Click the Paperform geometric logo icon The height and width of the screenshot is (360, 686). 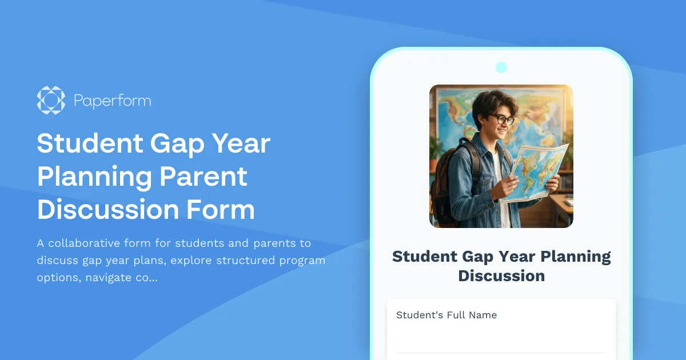51,101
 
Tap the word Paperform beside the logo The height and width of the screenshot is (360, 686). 112,102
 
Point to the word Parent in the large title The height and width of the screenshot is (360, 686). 204,177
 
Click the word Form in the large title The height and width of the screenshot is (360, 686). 221,210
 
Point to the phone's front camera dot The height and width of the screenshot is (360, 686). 501,67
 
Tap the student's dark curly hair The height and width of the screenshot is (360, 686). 493,103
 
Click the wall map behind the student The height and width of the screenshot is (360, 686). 452,114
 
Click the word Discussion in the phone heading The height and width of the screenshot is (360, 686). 501,276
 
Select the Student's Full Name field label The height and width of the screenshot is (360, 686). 446,315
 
